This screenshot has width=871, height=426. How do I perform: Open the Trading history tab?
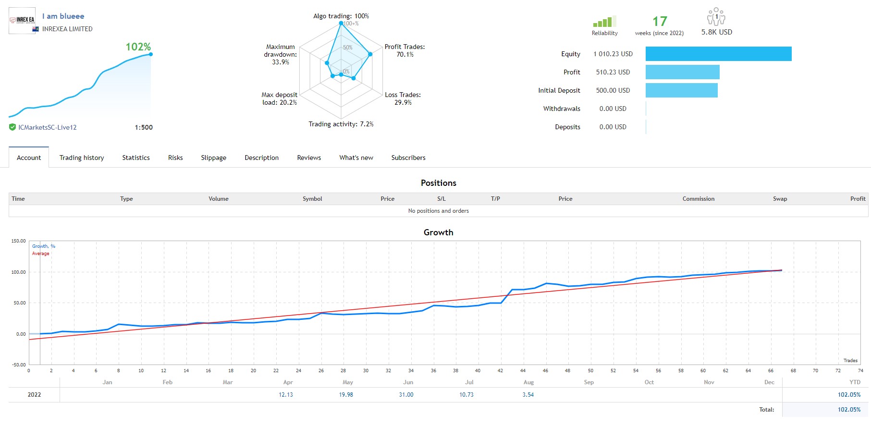(82, 158)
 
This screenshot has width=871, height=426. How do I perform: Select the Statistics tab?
(136, 158)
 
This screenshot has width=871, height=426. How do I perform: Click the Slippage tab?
(213, 158)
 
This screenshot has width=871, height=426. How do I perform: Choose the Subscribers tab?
(408, 158)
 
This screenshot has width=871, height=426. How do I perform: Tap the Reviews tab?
(309, 158)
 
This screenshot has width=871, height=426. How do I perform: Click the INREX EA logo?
(22, 20)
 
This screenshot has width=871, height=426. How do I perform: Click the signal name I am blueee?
(63, 16)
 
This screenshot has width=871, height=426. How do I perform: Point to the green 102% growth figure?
(138, 47)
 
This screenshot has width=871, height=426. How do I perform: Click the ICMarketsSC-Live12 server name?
(48, 127)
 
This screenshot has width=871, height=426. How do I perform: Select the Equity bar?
(718, 54)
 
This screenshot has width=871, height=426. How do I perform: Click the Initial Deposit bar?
(681, 90)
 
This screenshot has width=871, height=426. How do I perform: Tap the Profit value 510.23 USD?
(613, 72)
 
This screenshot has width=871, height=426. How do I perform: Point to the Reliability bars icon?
(604, 22)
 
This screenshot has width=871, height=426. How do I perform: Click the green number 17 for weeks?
(660, 22)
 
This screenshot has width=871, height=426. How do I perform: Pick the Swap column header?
(780, 199)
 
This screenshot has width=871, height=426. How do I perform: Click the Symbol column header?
(312, 199)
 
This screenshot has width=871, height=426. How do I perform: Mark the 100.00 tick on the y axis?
(19, 272)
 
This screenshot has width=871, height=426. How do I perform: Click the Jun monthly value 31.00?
(406, 395)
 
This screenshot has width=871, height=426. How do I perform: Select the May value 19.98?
(346, 395)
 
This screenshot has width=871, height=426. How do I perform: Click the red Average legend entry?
(41, 254)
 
